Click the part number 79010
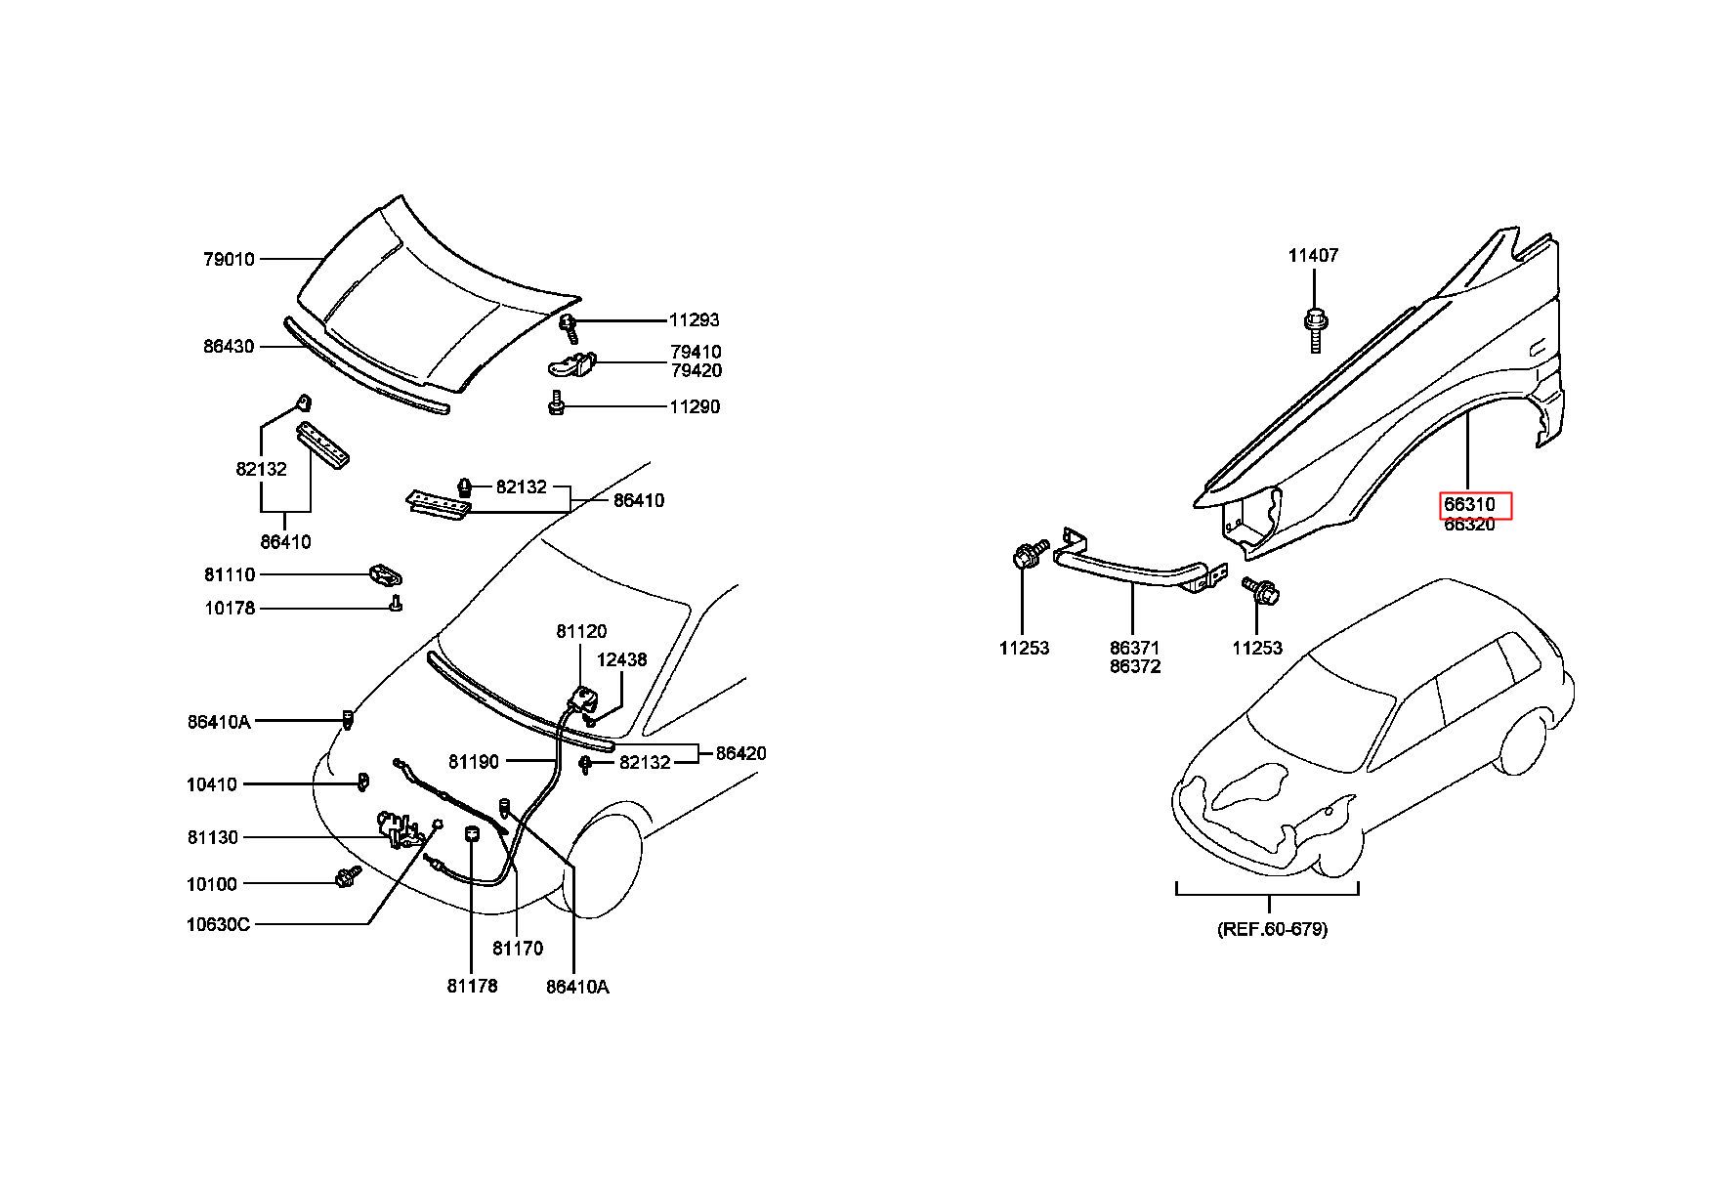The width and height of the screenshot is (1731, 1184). tap(229, 259)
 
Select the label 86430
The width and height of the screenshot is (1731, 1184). tap(229, 346)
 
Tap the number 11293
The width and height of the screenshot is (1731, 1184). tap(695, 319)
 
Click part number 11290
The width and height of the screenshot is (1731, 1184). tap(695, 406)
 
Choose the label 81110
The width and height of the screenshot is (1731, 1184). tap(230, 574)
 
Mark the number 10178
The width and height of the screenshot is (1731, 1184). tap(230, 608)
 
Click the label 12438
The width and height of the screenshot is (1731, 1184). tap(622, 659)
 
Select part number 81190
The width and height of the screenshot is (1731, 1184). tap(474, 761)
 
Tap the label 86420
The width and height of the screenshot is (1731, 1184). tap(741, 753)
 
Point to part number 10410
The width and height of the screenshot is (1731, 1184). tap(212, 784)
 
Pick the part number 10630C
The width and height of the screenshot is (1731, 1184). tap(218, 924)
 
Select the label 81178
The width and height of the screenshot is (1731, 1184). tap(473, 986)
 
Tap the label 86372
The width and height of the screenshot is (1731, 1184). tap(1135, 666)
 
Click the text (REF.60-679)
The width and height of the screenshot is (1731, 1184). tap(1273, 929)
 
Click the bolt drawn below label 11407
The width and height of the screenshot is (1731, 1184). tap(1315, 329)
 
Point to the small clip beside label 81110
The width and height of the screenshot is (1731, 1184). tap(387, 575)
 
